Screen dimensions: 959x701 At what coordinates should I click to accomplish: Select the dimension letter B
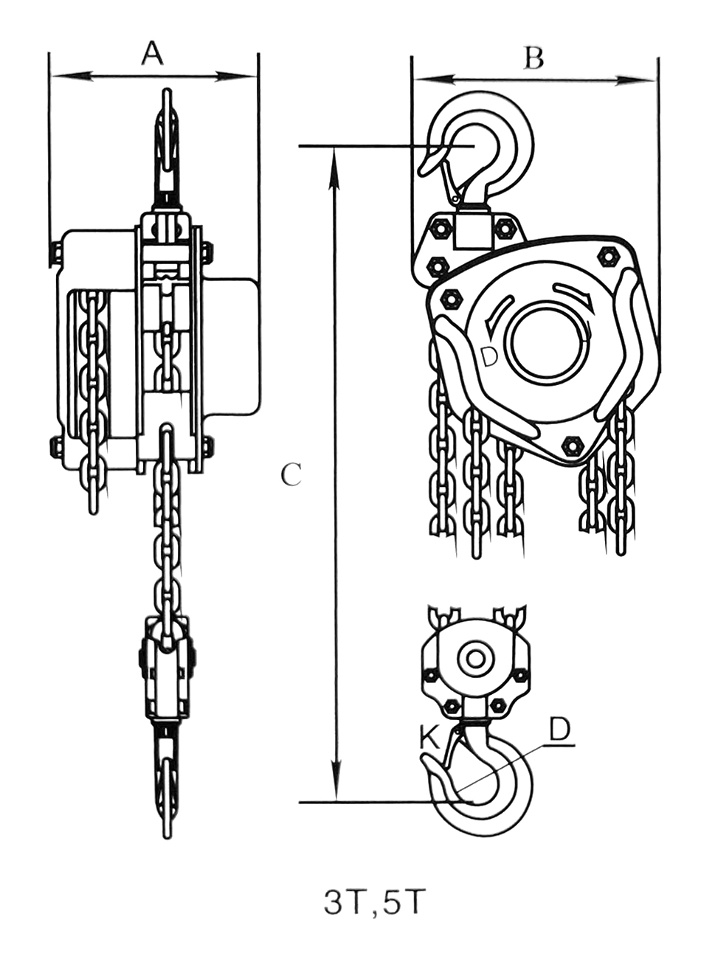[533, 58]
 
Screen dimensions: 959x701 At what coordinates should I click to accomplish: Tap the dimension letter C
[291, 475]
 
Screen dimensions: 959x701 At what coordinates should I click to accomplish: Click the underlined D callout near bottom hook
[560, 730]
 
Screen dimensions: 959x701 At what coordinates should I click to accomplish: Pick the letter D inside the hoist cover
[488, 356]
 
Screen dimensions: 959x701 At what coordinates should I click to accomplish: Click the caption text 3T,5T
[375, 902]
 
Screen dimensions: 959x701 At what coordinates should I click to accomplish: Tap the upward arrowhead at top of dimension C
[336, 159]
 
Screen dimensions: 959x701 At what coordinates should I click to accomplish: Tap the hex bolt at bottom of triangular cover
[572, 446]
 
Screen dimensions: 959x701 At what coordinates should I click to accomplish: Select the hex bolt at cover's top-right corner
[609, 256]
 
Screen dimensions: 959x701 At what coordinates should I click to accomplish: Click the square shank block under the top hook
[472, 228]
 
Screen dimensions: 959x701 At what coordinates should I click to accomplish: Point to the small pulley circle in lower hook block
[474, 659]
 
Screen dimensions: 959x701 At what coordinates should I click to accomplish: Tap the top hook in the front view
[167, 140]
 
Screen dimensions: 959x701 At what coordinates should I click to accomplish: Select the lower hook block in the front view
[168, 668]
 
